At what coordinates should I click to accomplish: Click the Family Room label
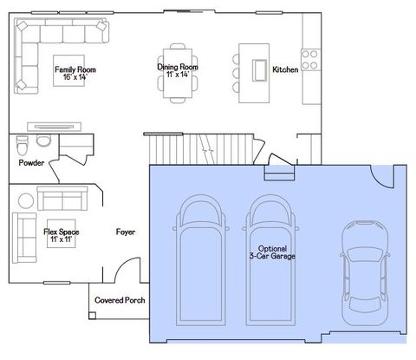tap(75, 73)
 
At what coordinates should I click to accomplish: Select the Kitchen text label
tap(285, 70)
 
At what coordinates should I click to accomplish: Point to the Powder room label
tap(31, 162)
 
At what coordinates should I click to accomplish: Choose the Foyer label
tap(127, 232)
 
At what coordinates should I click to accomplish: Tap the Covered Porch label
tap(120, 301)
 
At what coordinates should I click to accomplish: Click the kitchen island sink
tap(257, 69)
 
